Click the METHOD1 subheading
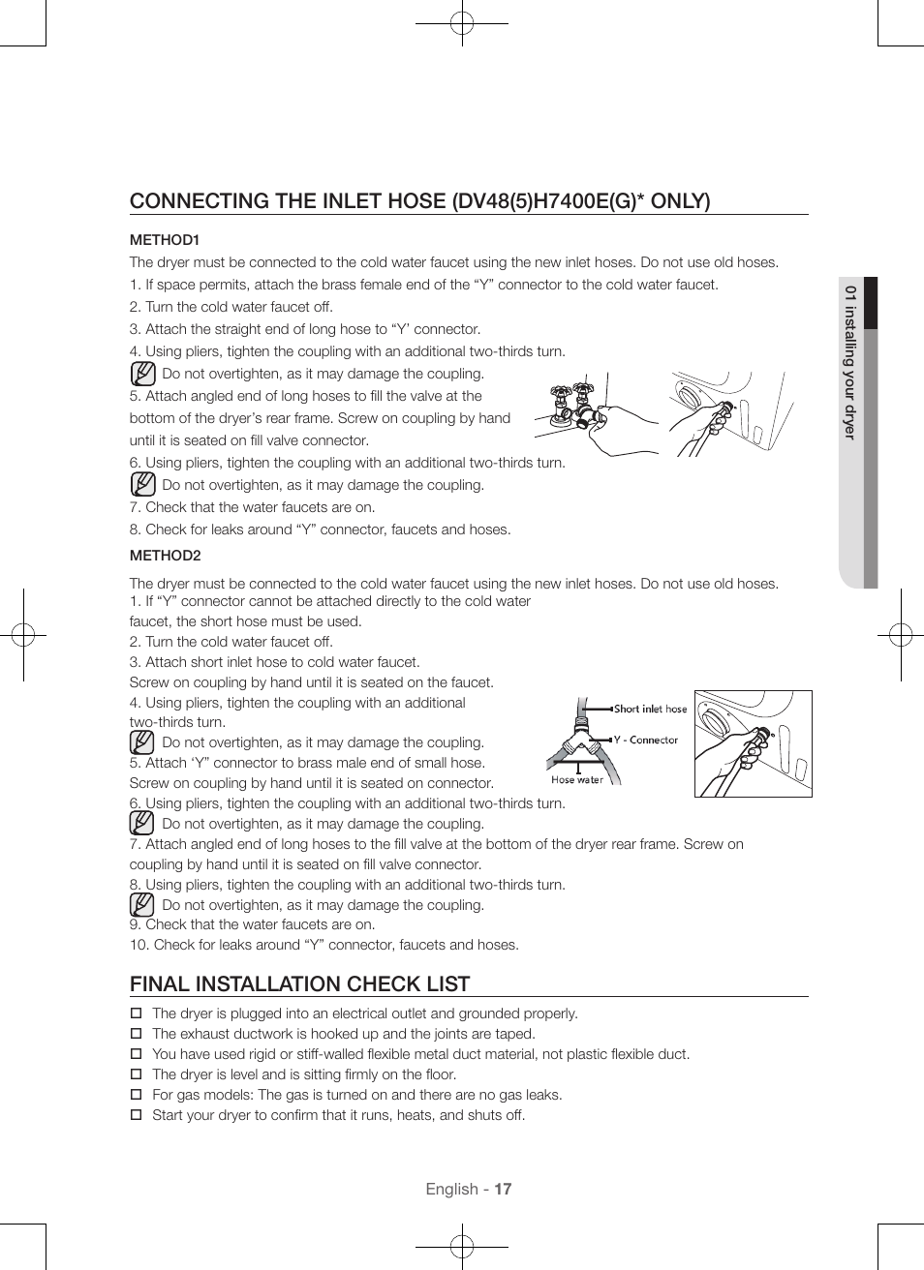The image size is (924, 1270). [165, 240]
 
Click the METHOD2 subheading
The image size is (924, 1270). [166, 556]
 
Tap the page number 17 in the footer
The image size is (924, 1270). [503, 1189]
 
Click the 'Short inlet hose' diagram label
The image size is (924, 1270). [650, 709]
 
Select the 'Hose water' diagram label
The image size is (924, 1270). [577, 779]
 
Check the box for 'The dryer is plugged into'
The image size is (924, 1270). [137, 1013]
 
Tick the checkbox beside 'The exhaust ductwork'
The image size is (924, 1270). [137, 1034]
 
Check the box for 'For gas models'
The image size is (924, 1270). [137, 1095]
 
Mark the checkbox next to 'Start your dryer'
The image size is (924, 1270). [137, 1115]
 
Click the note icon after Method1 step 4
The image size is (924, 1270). [142, 374]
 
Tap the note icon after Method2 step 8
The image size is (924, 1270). [142, 905]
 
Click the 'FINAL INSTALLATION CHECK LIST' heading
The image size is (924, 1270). [300, 983]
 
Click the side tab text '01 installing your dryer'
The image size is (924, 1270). [849, 362]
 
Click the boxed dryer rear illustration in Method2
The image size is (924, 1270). [753, 743]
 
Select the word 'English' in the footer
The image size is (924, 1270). [451, 1189]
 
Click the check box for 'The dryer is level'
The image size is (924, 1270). [137, 1074]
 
